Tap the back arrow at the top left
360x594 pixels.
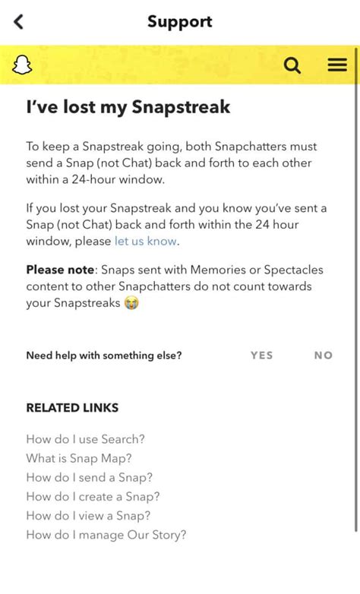pyautogui.click(x=19, y=22)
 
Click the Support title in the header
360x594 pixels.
pyautogui.click(x=180, y=21)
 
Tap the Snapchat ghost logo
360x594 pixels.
pyautogui.click(x=23, y=66)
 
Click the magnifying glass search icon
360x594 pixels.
pyautogui.click(x=292, y=66)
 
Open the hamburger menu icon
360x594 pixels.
pyautogui.click(x=337, y=65)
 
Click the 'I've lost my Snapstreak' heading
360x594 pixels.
pyautogui.click(x=128, y=107)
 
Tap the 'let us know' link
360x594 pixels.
pyautogui.click(x=146, y=241)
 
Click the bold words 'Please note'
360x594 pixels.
pyautogui.click(x=59, y=270)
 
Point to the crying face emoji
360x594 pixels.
pyautogui.click(x=131, y=303)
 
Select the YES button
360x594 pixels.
pyautogui.click(x=261, y=355)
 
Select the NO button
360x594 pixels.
pyautogui.click(x=324, y=355)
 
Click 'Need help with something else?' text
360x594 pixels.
pyautogui.click(x=104, y=355)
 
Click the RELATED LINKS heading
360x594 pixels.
pyautogui.click(x=72, y=408)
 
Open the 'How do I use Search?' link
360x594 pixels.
pyautogui.click(x=85, y=439)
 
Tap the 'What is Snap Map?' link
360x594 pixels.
pyautogui.click(x=79, y=458)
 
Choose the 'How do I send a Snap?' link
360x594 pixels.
pyautogui.click(x=89, y=478)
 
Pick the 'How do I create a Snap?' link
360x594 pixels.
pyautogui.click(x=93, y=497)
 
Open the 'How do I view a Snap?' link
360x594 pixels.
pyautogui.click(x=88, y=516)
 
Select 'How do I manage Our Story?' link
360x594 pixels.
pyautogui.click(x=106, y=535)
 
